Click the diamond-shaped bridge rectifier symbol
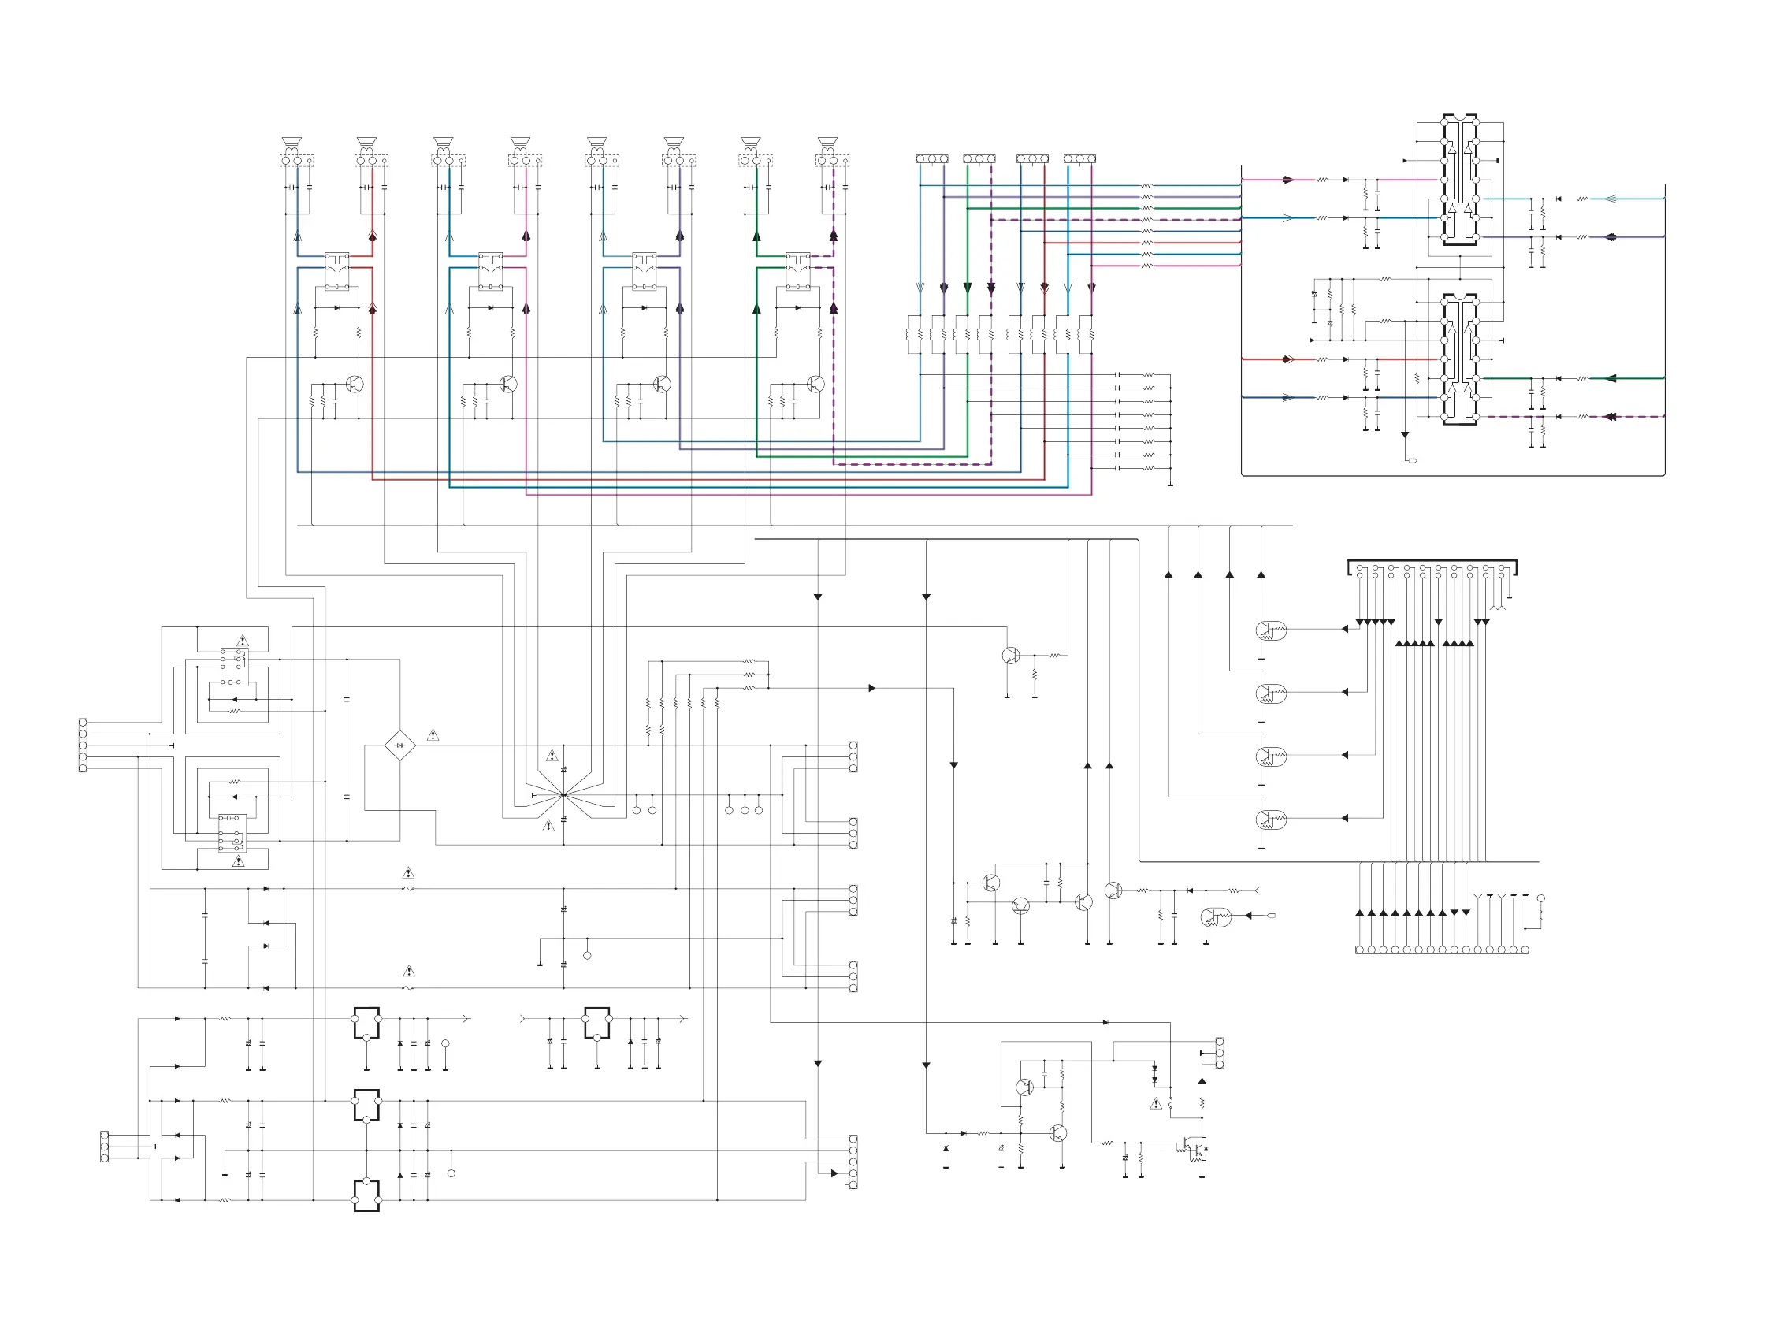pyautogui.click(x=399, y=745)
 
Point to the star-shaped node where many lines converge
pyautogui.click(x=564, y=794)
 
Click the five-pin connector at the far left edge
pyautogui.click(x=83, y=745)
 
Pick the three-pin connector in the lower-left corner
pyautogui.click(x=105, y=1147)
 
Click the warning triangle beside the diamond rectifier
pyautogui.click(x=433, y=735)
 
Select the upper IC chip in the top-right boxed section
pyautogui.click(x=1460, y=179)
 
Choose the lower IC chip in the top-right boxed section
pyautogui.click(x=1460, y=359)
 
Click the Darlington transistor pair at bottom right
pyautogui.click(x=1194, y=1148)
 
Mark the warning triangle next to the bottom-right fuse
pyautogui.click(x=1156, y=1104)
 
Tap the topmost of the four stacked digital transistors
pyautogui.click(x=1270, y=631)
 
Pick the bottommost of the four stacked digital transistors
pyautogui.click(x=1270, y=820)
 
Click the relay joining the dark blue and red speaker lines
pyautogui.click(x=336, y=271)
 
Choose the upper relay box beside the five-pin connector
pyautogui.click(x=233, y=666)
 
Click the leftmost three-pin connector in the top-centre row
pyautogui.click(x=931, y=159)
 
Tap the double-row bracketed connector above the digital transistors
pyautogui.click(x=1431, y=569)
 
